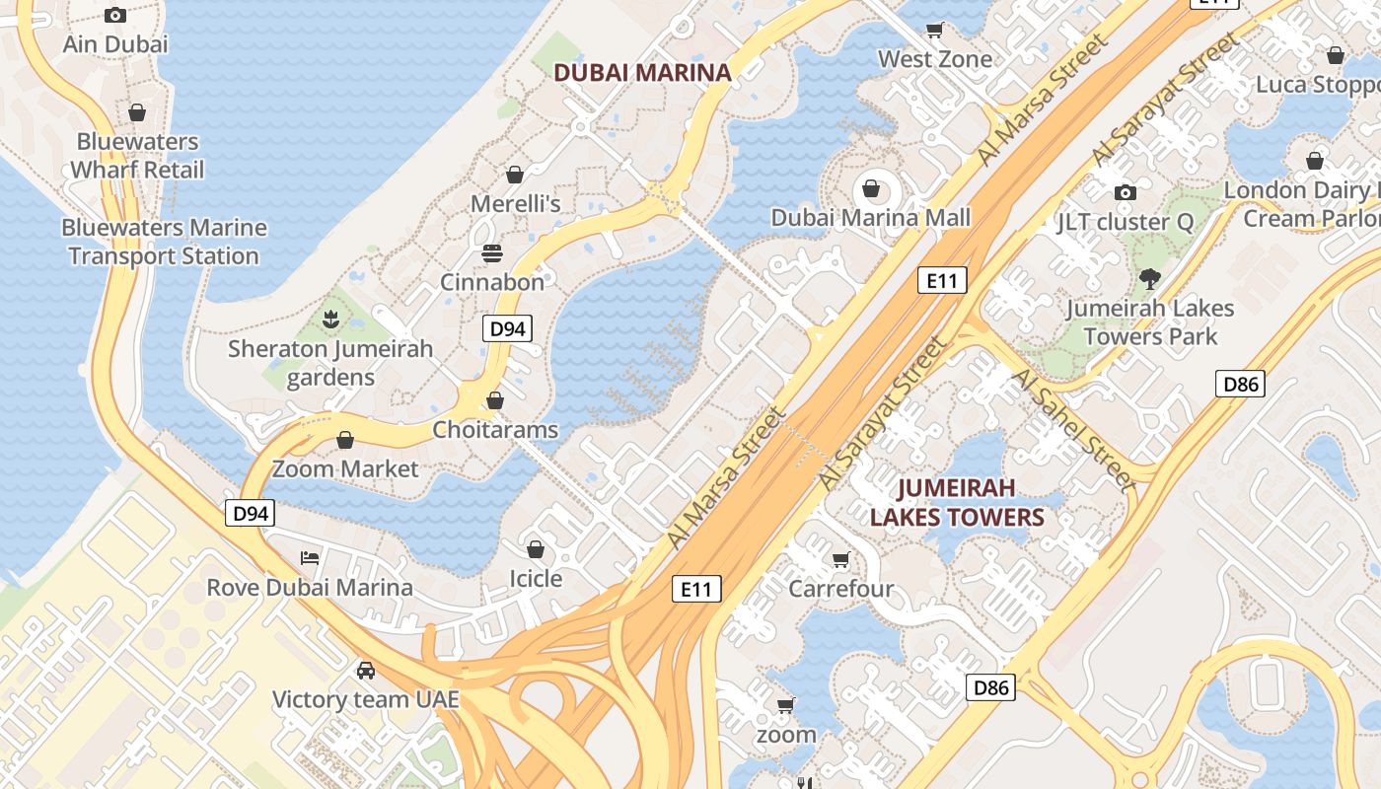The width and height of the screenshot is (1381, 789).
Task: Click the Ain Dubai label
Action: tap(115, 44)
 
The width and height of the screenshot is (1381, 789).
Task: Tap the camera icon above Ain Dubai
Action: tap(115, 15)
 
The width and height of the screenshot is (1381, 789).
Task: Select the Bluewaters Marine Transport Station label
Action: tap(164, 242)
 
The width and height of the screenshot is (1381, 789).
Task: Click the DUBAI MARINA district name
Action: tap(642, 72)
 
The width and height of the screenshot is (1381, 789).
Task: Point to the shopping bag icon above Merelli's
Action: tap(515, 176)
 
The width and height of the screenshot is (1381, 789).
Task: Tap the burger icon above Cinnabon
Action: tap(492, 253)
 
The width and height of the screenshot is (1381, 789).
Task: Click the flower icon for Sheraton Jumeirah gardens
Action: tap(330, 320)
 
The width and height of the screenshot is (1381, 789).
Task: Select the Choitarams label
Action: tap(495, 430)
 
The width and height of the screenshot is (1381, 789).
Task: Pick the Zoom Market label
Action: tap(345, 468)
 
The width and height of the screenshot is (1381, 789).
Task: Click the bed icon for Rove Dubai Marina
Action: tap(310, 558)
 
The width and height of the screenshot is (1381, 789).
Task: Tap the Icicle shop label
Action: tap(536, 579)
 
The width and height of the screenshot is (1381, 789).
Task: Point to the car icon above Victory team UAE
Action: tap(366, 671)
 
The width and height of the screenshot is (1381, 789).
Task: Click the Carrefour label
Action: tap(840, 589)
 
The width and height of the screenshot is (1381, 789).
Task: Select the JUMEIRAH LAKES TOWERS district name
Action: tap(956, 503)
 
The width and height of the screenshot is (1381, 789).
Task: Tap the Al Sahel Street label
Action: tap(1074, 430)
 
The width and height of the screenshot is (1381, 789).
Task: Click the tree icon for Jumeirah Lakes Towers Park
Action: tap(1149, 279)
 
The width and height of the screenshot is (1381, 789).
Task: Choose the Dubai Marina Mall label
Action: tap(871, 218)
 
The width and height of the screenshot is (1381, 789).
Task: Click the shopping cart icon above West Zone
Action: tap(934, 30)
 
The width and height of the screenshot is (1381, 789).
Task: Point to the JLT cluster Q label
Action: tap(1125, 222)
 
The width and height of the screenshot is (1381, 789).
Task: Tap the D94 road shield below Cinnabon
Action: tap(507, 329)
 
